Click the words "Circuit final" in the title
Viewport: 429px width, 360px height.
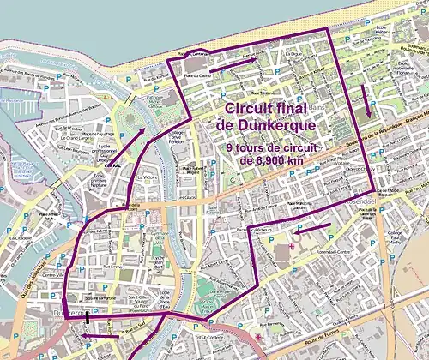(268, 109)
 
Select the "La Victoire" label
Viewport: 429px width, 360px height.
(148, 178)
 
